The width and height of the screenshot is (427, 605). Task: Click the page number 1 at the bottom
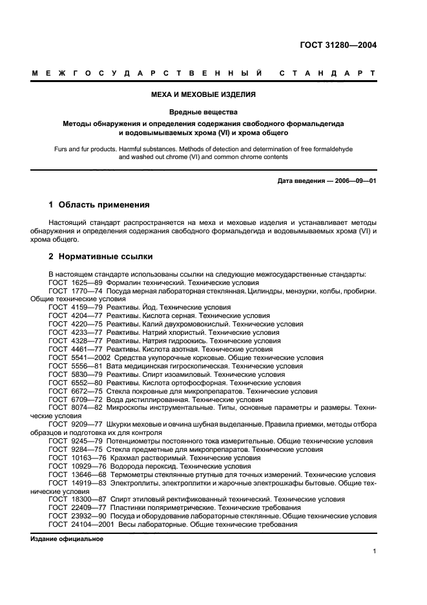[x=374, y=551]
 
